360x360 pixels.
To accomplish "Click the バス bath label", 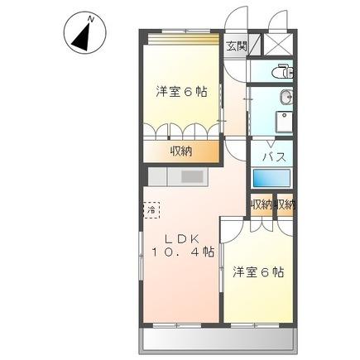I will pos(274,156).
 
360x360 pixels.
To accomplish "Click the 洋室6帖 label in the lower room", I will pos(257,271).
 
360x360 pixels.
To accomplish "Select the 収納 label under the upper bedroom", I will pos(183,151).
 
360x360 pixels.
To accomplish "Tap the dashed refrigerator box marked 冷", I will pos(151,210).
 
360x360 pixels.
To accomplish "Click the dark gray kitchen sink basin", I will pos(191,176).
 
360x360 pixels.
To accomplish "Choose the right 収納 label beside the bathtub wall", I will pos(286,204).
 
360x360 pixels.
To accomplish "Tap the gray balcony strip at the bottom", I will pos(220,341).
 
